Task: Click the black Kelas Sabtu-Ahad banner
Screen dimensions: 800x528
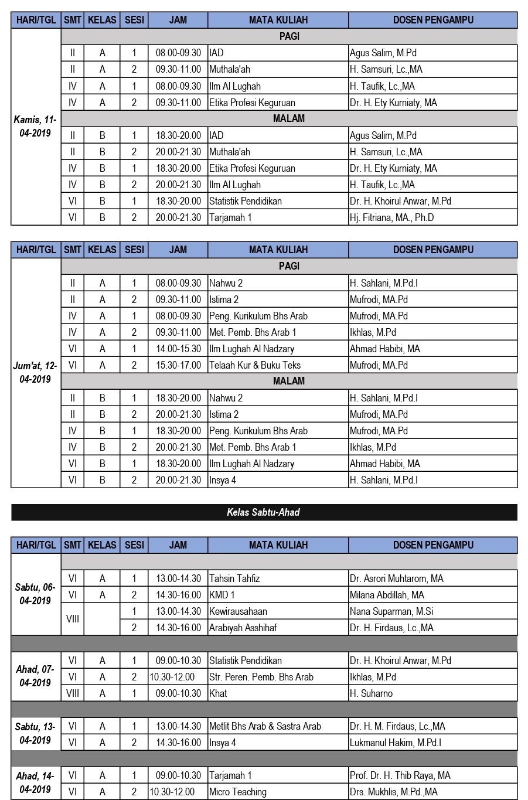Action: tap(264, 512)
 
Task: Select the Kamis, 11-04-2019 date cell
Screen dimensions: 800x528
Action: tap(36, 127)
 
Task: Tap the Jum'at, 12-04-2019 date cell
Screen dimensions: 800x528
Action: tap(36, 373)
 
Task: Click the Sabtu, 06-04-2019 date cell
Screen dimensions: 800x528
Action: tap(36, 594)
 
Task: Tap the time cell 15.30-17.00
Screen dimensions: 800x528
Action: tap(178, 365)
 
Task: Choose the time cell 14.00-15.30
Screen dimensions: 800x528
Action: tap(178, 349)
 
